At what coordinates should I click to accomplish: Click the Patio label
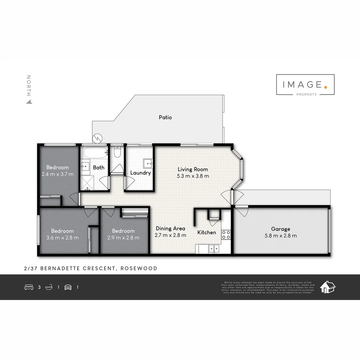[x=165, y=117]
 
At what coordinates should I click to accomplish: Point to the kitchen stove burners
[x=226, y=235]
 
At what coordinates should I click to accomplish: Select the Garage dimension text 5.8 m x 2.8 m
[x=280, y=236]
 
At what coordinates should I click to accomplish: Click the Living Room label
[x=193, y=169]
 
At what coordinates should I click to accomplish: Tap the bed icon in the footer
[x=29, y=287]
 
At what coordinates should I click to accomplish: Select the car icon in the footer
[x=68, y=287]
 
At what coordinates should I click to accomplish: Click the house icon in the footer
[x=327, y=287]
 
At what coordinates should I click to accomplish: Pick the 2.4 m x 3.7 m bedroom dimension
[x=58, y=174]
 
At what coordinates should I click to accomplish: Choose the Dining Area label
[x=170, y=228]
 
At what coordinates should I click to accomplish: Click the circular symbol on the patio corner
[x=97, y=138]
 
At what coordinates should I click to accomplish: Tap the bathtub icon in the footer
[x=49, y=287]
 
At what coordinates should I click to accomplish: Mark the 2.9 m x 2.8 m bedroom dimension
[x=123, y=238]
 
